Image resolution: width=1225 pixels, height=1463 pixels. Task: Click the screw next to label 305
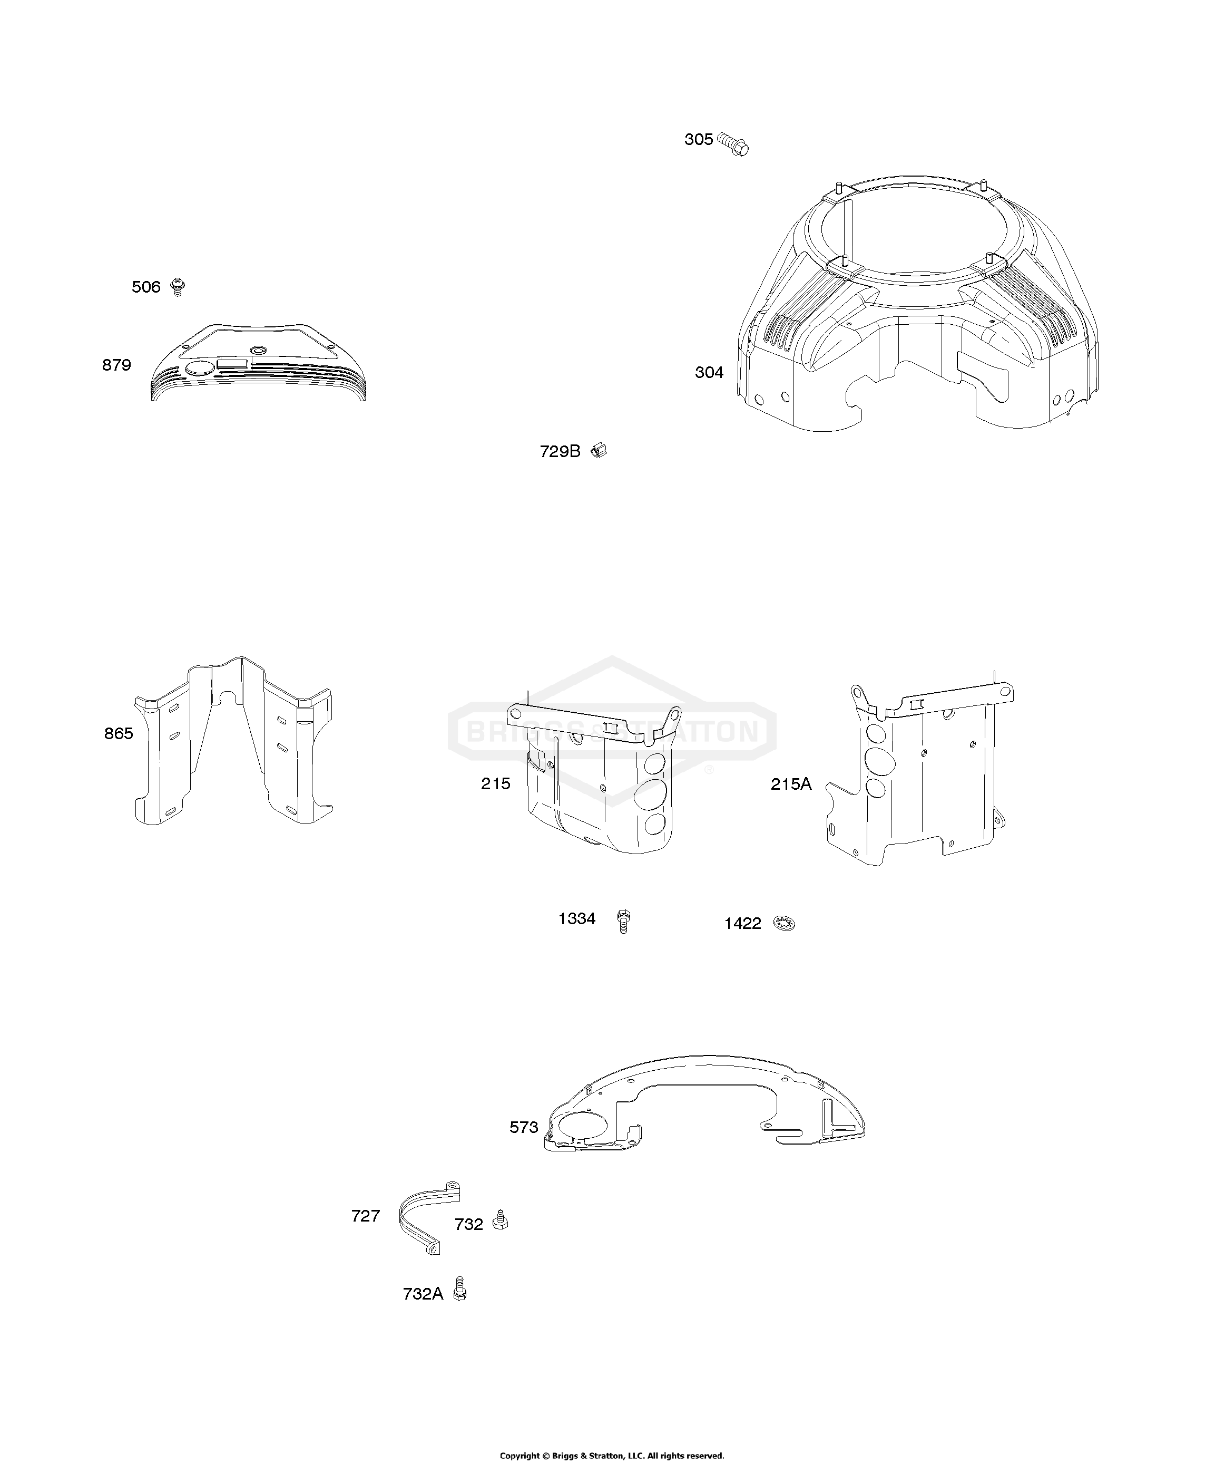tap(733, 144)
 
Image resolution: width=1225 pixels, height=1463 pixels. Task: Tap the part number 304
tap(709, 373)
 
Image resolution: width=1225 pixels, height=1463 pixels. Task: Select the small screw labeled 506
tap(178, 287)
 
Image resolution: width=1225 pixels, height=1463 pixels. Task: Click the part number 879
tap(116, 365)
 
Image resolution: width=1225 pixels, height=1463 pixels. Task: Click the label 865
tap(119, 733)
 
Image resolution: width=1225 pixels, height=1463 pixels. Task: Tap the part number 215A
tap(791, 784)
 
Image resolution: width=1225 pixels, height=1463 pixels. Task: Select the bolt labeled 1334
tap(624, 921)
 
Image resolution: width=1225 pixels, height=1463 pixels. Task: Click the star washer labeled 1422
tap(784, 924)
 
